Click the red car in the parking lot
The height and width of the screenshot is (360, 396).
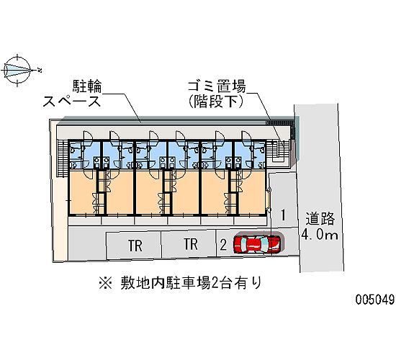tap(257, 244)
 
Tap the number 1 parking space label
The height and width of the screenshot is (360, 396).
tap(284, 215)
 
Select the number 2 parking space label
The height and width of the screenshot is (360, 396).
tap(223, 245)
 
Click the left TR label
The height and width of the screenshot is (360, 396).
tap(135, 246)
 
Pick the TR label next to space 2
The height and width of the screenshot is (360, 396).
tap(191, 244)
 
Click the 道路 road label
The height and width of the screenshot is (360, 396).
tap(320, 219)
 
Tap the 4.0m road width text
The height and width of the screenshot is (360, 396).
tap(320, 235)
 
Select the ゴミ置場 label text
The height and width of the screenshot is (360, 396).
tap(217, 86)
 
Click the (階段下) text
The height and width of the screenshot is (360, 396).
tap(216, 102)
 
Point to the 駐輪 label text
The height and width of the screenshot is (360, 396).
tap(87, 86)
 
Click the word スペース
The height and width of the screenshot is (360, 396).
tap(72, 102)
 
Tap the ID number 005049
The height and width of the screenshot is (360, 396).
tap(375, 300)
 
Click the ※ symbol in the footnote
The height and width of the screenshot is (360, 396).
tap(105, 283)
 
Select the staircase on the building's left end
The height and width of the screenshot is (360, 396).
tap(63, 158)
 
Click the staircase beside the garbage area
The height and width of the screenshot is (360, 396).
tap(278, 151)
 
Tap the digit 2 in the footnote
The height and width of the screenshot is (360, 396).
tap(215, 283)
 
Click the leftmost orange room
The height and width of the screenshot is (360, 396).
tap(83, 192)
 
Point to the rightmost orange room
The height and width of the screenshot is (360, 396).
tap(252, 192)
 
